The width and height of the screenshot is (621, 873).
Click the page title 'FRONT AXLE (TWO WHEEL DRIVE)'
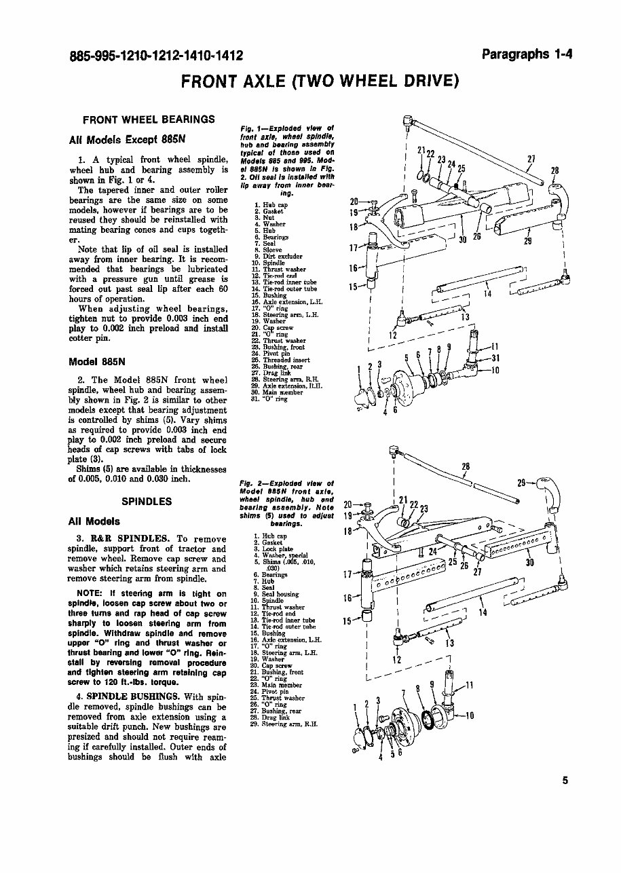click(320, 81)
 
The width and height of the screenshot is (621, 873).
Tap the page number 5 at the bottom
click(565, 780)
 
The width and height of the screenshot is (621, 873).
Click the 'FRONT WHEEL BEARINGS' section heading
click(149, 119)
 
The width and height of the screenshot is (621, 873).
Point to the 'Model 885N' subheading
click(95, 360)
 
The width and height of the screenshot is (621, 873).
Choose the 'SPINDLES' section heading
click(147, 502)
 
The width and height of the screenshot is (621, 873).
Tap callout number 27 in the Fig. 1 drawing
click(532, 160)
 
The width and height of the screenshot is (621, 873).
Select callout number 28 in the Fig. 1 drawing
click(555, 170)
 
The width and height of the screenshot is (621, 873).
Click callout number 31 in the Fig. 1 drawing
click(495, 358)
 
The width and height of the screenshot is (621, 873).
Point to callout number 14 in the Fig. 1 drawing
click(487, 294)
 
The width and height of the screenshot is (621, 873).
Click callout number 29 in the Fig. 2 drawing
click(522, 483)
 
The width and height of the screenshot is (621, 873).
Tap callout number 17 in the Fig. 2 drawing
click(347, 574)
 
